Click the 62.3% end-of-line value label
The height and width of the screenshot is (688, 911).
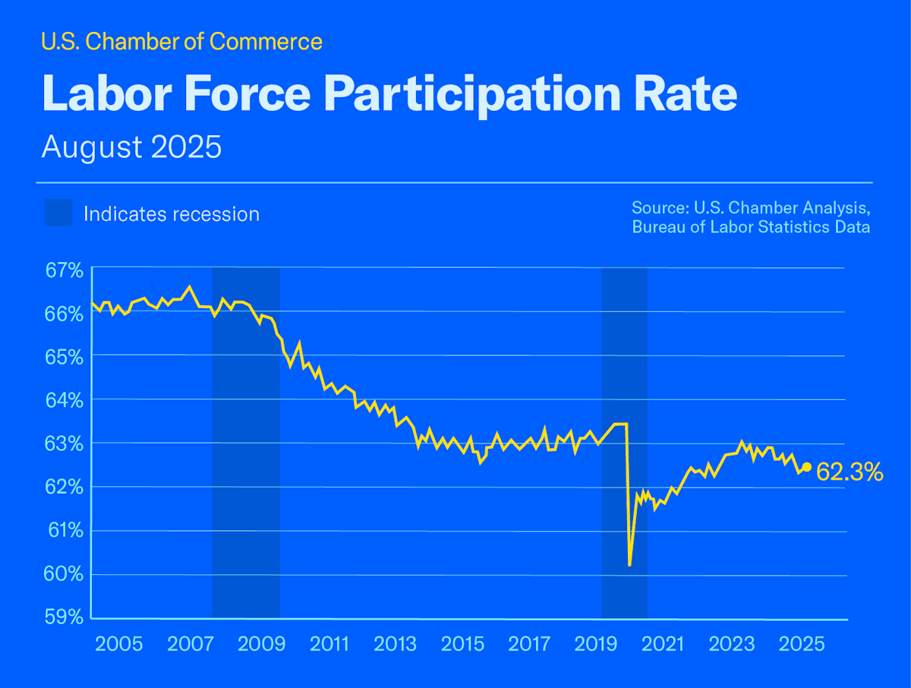(x=850, y=473)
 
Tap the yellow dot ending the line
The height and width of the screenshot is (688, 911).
(x=807, y=467)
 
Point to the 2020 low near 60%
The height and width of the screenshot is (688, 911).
(x=630, y=564)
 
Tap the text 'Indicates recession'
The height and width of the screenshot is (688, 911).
(x=172, y=214)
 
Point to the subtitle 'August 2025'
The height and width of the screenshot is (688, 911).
(x=131, y=147)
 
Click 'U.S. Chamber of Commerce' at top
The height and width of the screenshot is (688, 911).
(x=181, y=42)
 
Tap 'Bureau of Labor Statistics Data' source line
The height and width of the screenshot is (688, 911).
(x=751, y=227)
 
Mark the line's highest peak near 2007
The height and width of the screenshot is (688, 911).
(x=190, y=287)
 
